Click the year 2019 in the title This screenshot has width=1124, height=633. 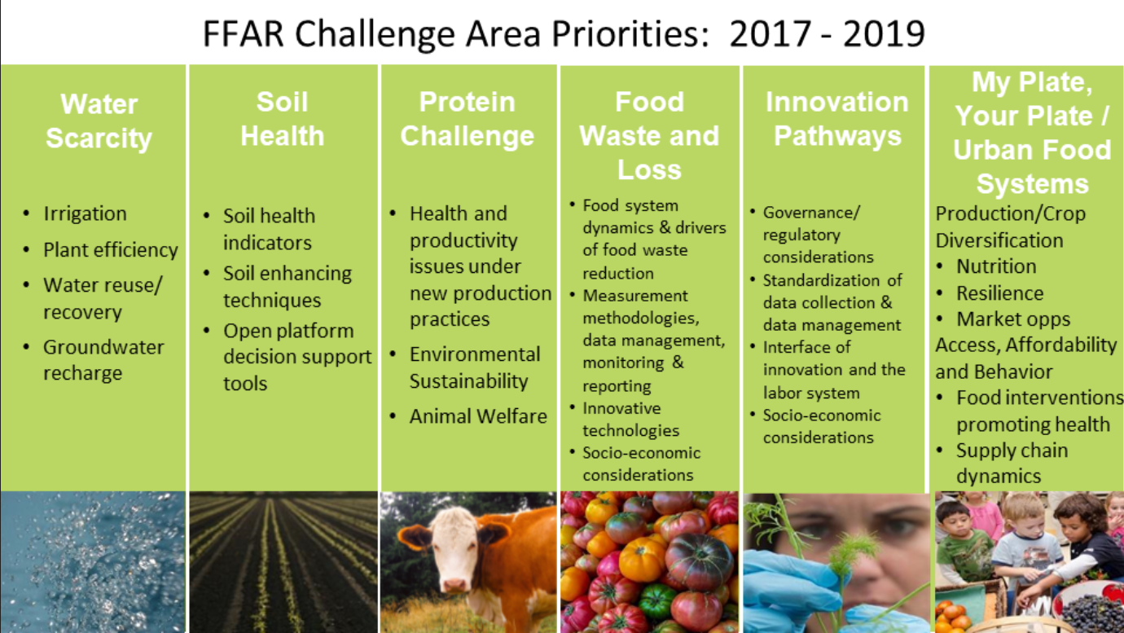(884, 33)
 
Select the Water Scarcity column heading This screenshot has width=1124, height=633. (99, 121)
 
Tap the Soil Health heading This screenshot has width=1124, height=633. (283, 119)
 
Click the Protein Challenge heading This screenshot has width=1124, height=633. (468, 119)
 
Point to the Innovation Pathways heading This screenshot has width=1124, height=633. (837, 119)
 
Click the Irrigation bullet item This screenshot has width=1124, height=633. (85, 213)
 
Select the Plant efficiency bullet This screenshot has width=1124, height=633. (111, 250)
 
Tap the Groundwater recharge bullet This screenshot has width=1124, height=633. (103, 360)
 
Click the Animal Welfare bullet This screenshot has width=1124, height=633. (477, 416)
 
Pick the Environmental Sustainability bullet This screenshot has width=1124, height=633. (475, 368)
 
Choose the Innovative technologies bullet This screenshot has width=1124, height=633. (630, 420)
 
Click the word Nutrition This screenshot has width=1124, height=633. (996, 266)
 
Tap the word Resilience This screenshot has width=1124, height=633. (999, 293)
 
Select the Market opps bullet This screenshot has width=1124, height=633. (1013, 319)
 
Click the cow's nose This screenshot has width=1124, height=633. (454, 584)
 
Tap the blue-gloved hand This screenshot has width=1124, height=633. (793, 587)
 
